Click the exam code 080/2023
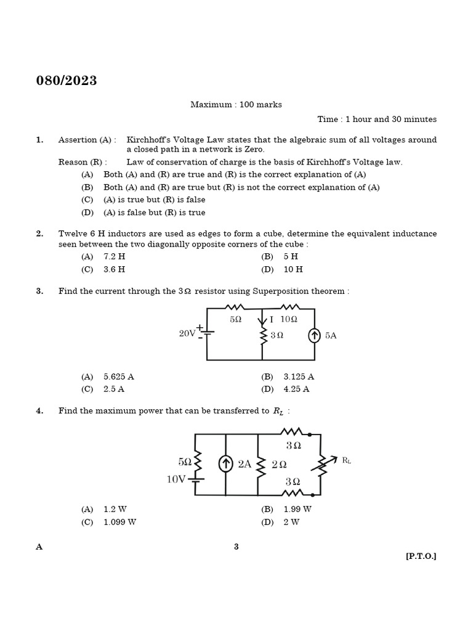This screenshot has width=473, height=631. (x=67, y=81)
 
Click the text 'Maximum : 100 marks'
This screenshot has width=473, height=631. (x=236, y=105)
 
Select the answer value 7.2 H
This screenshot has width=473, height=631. (x=115, y=256)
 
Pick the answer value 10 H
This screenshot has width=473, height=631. (x=293, y=269)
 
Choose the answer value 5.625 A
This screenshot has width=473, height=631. (x=119, y=377)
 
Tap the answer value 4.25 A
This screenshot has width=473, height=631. (x=296, y=389)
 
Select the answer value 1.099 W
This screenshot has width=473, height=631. (x=119, y=522)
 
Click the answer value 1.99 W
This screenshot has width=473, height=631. (x=297, y=509)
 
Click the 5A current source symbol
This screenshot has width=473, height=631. (x=315, y=335)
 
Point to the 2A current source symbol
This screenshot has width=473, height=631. (x=226, y=464)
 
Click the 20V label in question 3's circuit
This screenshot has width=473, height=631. (x=187, y=333)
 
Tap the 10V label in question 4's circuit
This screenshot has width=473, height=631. (x=176, y=479)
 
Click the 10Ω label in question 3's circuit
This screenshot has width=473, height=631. (x=288, y=319)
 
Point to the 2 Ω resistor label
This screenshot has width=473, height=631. (x=279, y=464)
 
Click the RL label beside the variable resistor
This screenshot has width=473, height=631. (x=347, y=460)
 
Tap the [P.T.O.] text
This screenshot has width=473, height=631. (x=421, y=556)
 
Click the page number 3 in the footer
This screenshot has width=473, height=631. (x=236, y=547)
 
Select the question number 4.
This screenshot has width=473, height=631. (x=39, y=411)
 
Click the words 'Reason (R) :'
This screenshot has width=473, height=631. (x=83, y=162)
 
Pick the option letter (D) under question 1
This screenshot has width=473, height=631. (x=87, y=213)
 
